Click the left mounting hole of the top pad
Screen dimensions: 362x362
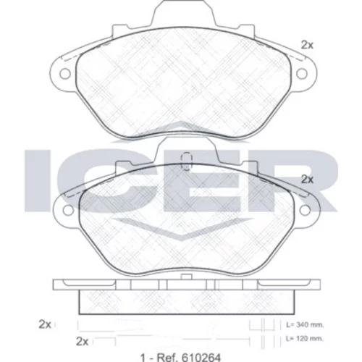coord(65,74)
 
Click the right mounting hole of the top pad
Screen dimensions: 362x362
coord(302,74)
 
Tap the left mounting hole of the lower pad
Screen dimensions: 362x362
coord(68,210)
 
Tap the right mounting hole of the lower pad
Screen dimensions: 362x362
coord(305,210)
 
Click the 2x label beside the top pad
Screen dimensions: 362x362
coord(307,45)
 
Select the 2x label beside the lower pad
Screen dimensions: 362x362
coord(307,180)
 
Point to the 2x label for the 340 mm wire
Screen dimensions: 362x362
coord(45,324)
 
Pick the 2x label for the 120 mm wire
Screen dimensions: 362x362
coord(83,342)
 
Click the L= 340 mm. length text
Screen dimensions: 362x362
coord(305,325)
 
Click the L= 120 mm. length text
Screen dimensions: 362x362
coord(305,339)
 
